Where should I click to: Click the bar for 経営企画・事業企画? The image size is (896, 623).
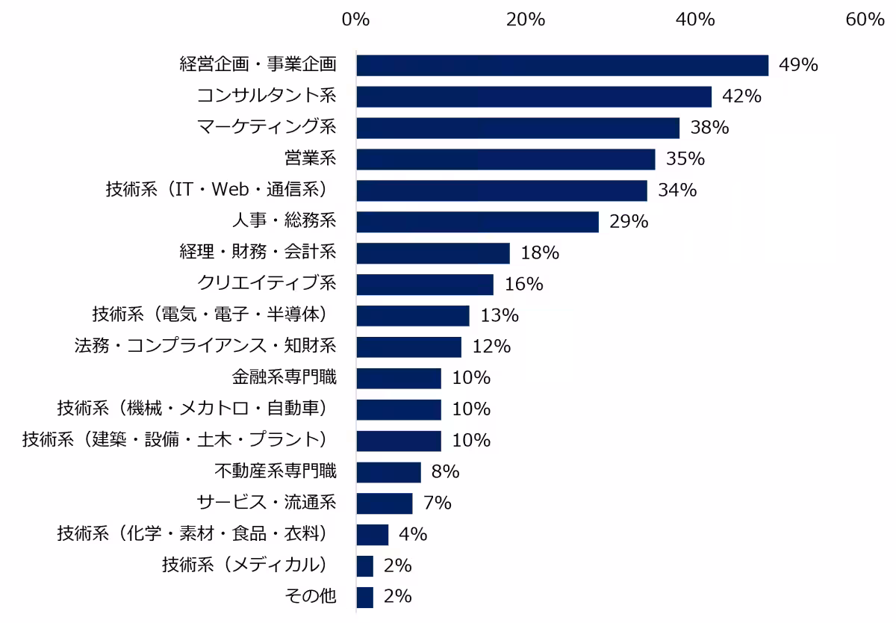pyautogui.click(x=562, y=65)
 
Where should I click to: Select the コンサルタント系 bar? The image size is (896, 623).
pyautogui.click(x=534, y=96)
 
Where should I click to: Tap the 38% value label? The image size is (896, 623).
pyautogui.click(x=709, y=127)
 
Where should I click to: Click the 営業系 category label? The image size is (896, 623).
pyautogui.click(x=311, y=158)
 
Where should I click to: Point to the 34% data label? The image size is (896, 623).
pyautogui.click(x=677, y=190)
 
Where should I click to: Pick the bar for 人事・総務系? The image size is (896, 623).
pyautogui.click(x=478, y=222)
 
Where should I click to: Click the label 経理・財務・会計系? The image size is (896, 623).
pyautogui.click(x=258, y=252)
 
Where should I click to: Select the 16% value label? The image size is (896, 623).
pyautogui.click(x=524, y=284)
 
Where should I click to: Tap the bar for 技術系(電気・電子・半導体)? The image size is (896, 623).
pyautogui.click(x=413, y=316)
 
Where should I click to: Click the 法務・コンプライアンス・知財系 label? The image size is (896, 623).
pyautogui.click(x=205, y=346)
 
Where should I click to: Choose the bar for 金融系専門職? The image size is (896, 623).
pyautogui.click(x=399, y=378)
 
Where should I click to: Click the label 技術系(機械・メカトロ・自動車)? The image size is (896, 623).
pyautogui.click(x=193, y=408)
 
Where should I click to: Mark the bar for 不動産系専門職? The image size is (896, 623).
pyautogui.click(x=389, y=472)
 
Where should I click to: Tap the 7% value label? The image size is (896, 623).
pyautogui.click(x=438, y=503)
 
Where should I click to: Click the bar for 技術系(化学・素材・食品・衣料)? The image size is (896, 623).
pyautogui.click(x=373, y=535)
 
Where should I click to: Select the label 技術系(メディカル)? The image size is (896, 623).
pyautogui.click(x=245, y=565)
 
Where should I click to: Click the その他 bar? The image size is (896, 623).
pyautogui.click(x=365, y=598)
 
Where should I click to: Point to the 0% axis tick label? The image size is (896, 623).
pyautogui.click(x=355, y=19)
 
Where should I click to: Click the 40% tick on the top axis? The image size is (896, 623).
pyautogui.click(x=695, y=19)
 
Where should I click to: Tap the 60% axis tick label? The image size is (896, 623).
pyautogui.click(x=865, y=19)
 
